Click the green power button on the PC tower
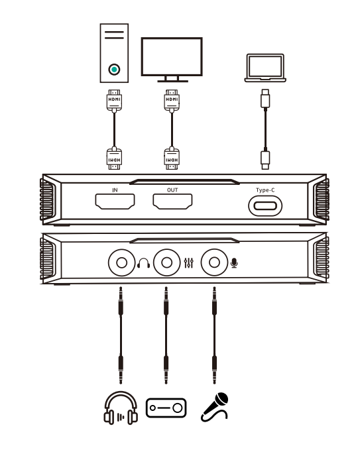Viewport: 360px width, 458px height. [x=114, y=70]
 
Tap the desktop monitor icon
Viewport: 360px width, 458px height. [x=172, y=60]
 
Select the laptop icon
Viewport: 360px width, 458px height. [x=265, y=68]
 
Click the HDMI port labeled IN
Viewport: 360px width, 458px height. [x=115, y=201]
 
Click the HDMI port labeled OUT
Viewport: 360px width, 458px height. [x=172, y=201]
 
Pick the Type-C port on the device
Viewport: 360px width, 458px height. [x=265, y=206]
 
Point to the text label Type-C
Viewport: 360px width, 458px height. [x=265, y=190]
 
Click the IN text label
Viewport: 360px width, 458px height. [x=115, y=190]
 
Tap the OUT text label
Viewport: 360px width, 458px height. [x=172, y=190]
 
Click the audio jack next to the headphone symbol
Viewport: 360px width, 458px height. [x=121, y=262]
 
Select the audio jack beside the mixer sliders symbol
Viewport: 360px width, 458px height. [x=167, y=262]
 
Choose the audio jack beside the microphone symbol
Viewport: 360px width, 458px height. [x=214, y=262]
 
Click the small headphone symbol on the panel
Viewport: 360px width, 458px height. [x=143, y=263]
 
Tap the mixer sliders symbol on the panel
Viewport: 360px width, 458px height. [x=189, y=263]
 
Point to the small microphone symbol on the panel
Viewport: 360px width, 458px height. [x=234, y=263]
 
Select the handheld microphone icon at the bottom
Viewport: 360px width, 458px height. [x=215, y=407]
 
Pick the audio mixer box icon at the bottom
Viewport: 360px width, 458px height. [x=166, y=408]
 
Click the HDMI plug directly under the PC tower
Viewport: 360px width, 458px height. [x=114, y=101]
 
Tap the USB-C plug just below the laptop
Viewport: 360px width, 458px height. [x=265, y=99]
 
